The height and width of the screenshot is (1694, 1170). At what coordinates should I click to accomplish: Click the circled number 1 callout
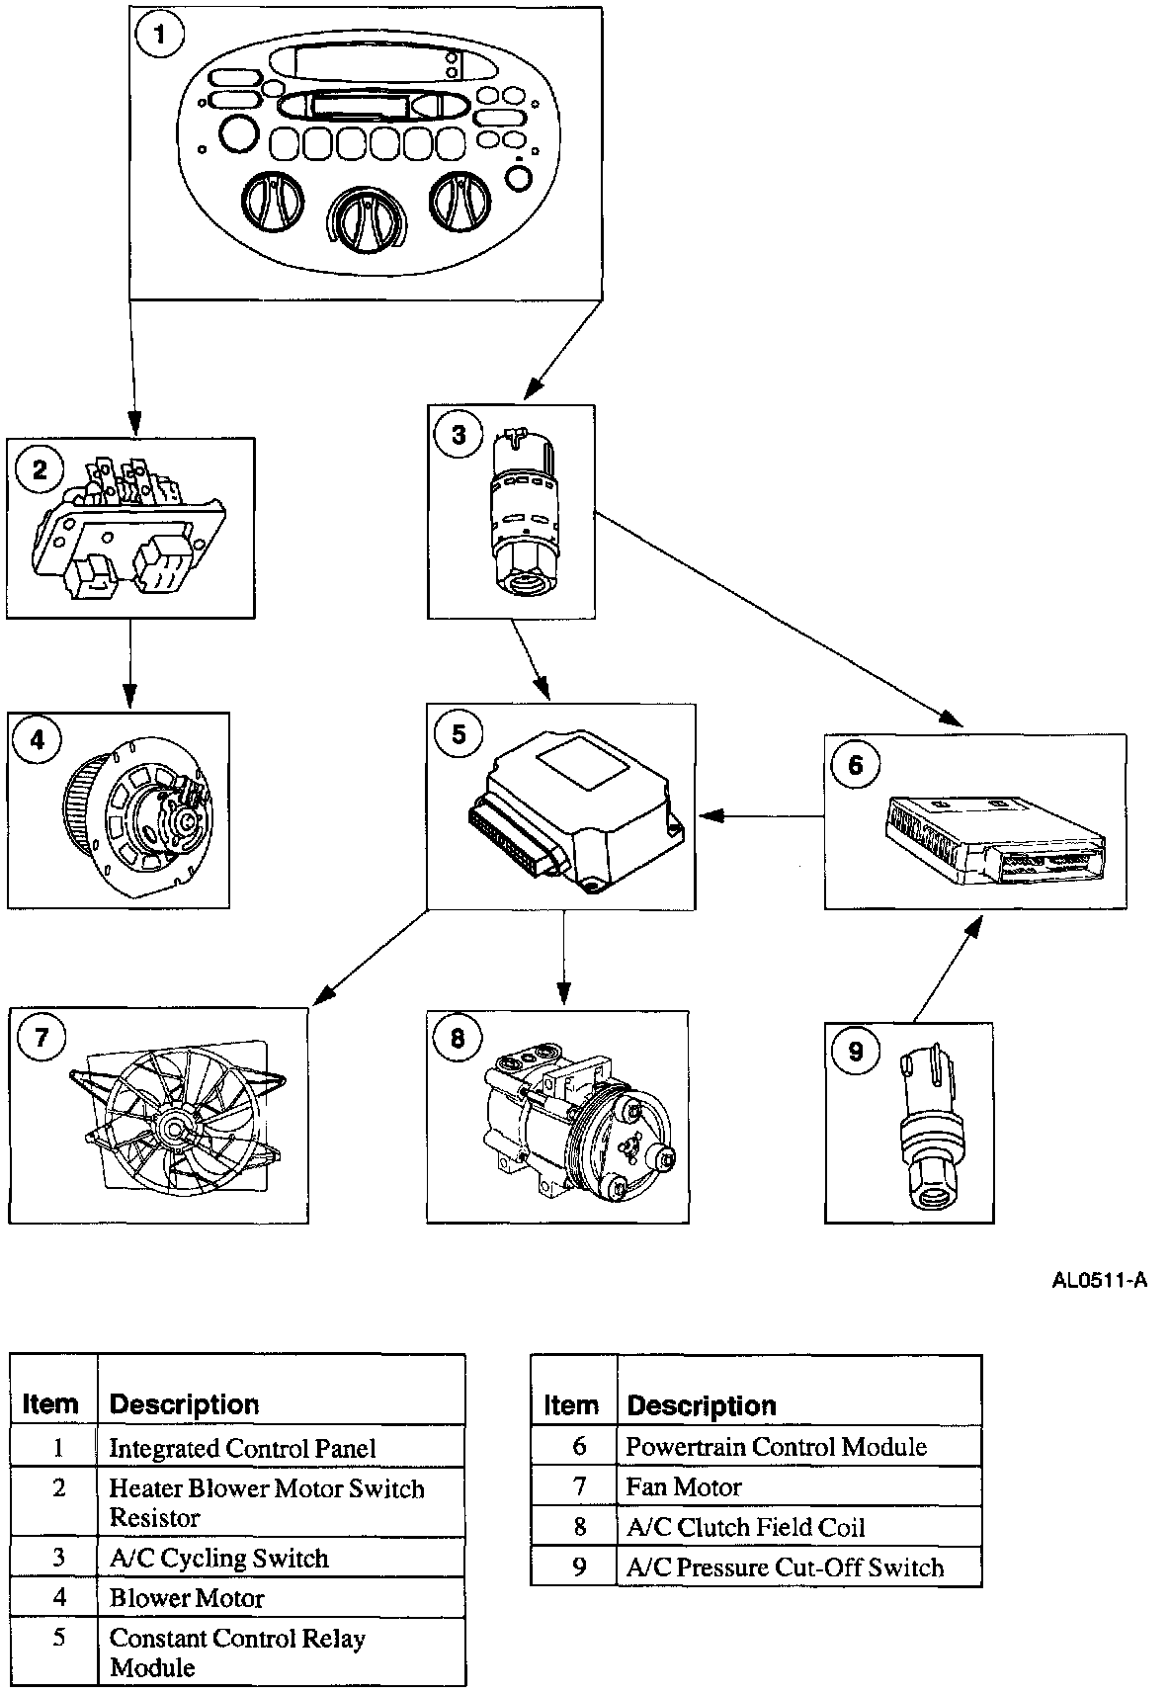coord(159,34)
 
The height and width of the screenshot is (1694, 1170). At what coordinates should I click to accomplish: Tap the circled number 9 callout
coord(856,1051)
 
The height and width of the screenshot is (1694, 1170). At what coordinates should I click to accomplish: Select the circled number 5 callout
coord(459,733)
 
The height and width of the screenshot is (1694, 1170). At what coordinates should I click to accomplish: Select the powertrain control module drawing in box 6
coord(994,839)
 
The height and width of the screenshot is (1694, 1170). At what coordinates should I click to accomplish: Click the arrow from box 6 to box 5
coord(762,816)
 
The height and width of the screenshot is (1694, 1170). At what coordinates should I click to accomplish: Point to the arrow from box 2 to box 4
coord(130,664)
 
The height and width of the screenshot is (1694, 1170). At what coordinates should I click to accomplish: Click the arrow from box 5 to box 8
coord(562,958)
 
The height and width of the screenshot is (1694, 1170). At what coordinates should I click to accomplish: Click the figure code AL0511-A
coord(1099,1280)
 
